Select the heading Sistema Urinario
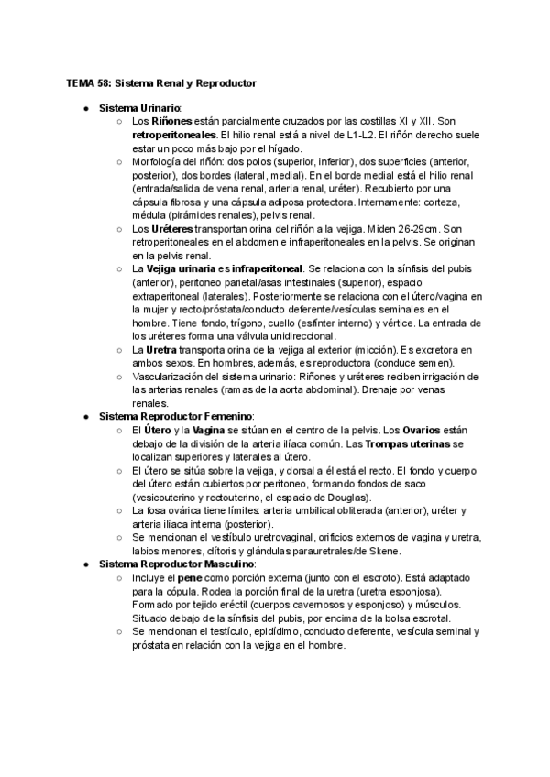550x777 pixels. click(x=140, y=108)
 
